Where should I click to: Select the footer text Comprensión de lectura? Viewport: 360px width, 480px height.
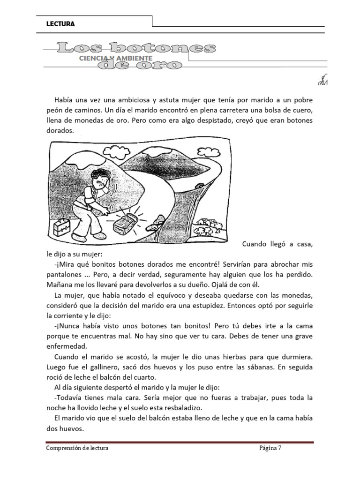point(77,449)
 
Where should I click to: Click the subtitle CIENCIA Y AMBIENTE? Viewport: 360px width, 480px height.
point(109,58)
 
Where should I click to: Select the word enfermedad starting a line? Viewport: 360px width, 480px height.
point(67,346)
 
